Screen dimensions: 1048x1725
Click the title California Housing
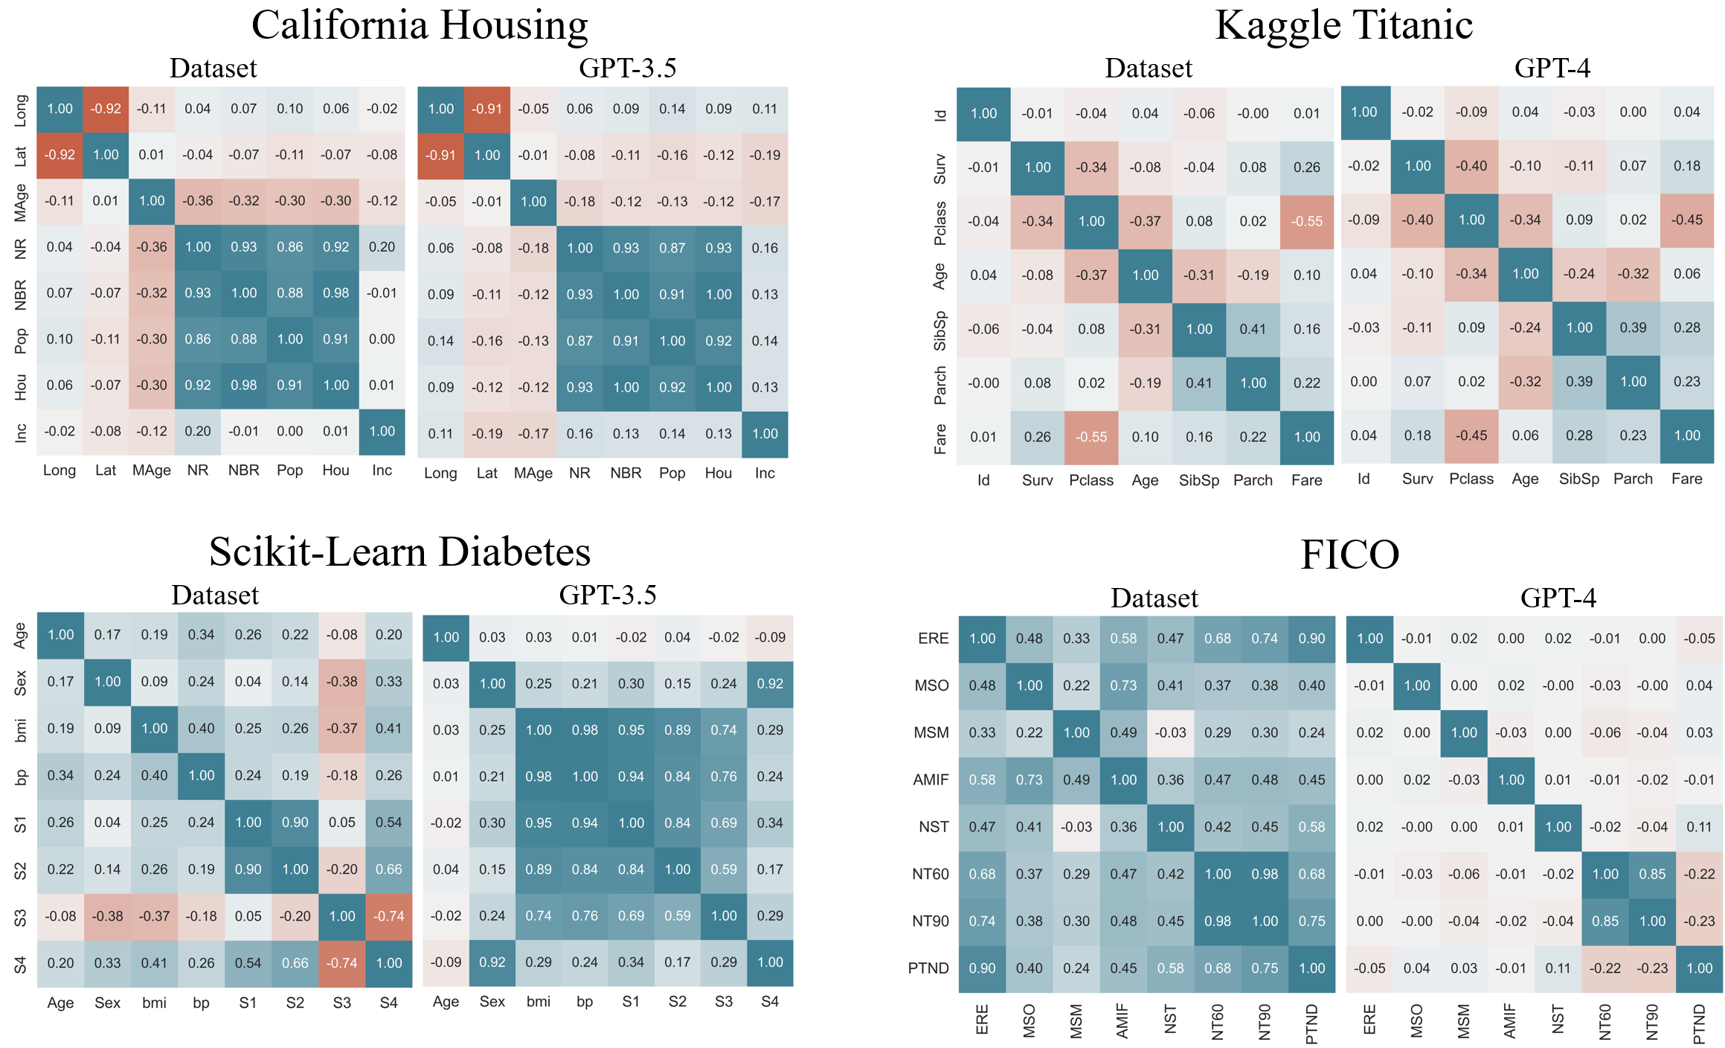click(x=420, y=25)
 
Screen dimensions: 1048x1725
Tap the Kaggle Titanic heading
click(x=1343, y=25)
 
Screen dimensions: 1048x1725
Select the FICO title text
click(x=1349, y=555)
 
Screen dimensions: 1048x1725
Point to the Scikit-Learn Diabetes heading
click(x=399, y=552)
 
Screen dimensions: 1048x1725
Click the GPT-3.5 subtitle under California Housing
click(x=627, y=68)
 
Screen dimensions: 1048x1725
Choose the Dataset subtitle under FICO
click(x=1154, y=598)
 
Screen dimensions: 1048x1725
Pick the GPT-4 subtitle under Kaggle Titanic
click(x=1552, y=68)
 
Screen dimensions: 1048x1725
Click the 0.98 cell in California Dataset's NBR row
click(x=335, y=293)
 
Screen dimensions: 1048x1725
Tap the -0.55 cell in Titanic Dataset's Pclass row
click(x=1307, y=221)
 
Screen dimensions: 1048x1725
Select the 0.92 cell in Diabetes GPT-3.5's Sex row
click(x=770, y=683)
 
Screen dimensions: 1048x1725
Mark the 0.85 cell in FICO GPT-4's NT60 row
click(x=1652, y=874)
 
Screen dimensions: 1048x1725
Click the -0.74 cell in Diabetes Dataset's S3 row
click(x=389, y=916)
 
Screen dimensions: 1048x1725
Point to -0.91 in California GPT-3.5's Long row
click(x=487, y=109)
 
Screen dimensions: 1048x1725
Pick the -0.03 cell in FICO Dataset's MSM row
click(x=1170, y=732)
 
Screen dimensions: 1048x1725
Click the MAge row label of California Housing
click(x=21, y=202)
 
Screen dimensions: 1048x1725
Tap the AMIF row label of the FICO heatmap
click(x=931, y=780)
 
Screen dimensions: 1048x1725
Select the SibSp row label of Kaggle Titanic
click(x=940, y=330)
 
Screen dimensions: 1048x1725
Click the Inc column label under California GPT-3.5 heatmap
click(x=765, y=473)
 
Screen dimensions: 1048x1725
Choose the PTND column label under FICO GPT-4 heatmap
click(x=1699, y=1023)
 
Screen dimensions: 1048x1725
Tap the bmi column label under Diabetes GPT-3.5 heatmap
click(x=538, y=1002)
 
